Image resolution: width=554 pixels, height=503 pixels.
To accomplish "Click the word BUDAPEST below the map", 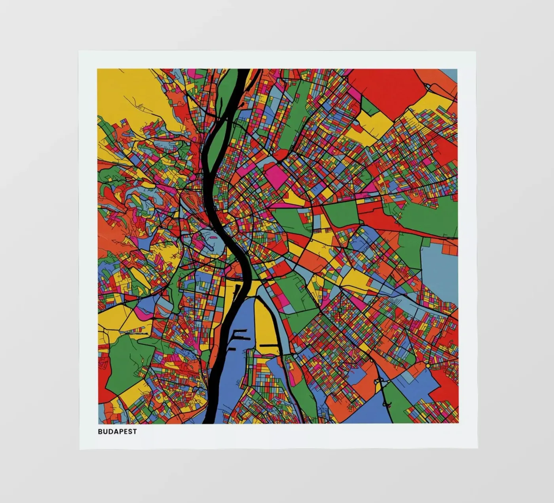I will tap(117, 431).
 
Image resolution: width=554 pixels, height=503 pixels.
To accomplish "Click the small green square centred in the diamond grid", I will tap(340, 309).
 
